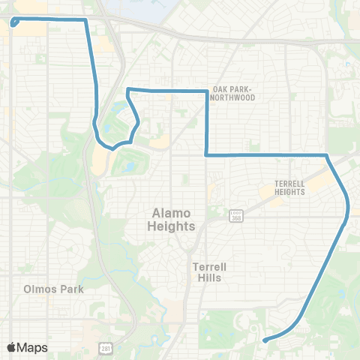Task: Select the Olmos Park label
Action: (x=53, y=288)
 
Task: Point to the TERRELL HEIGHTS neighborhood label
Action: (x=289, y=187)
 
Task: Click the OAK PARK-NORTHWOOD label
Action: (x=234, y=92)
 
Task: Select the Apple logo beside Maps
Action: (x=11, y=347)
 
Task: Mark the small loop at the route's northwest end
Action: (x=14, y=22)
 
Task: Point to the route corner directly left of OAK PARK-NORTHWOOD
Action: (x=206, y=91)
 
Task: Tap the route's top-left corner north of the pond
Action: (x=129, y=90)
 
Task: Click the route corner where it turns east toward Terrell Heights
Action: (x=206, y=154)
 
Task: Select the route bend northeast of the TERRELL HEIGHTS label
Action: (x=327, y=155)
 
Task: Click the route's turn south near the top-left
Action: (x=86, y=20)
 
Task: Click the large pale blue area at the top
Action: (x=135, y=9)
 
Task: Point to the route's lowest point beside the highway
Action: (x=112, y=148)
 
